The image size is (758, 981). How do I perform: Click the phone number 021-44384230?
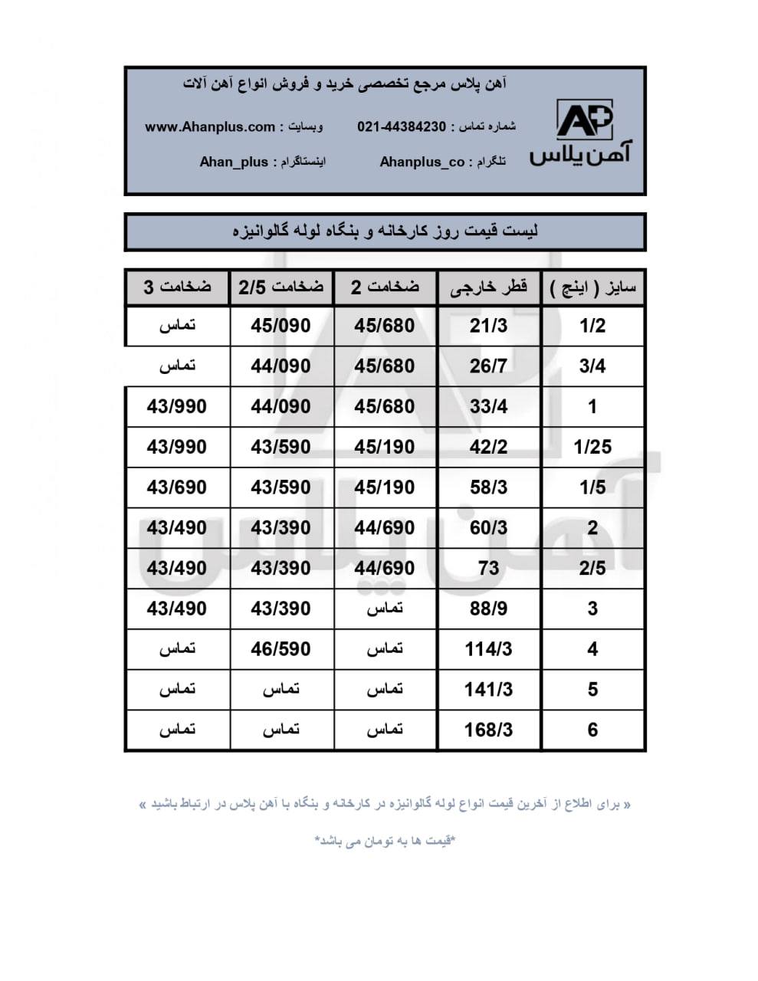point(401,126)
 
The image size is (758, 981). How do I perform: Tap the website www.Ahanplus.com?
point(210,126)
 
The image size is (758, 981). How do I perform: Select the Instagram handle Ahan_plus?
point(234,162)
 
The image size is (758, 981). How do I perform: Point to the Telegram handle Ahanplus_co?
point(422,162)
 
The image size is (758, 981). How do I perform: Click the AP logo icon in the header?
point(584,120)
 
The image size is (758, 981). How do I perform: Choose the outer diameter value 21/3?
point(488,326)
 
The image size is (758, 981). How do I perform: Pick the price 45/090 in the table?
point(281,326)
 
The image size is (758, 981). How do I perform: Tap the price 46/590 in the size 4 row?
point(281,649)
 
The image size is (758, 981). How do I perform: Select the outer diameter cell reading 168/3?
point(488,730)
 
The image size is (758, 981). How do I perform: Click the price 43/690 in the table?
point(176,487)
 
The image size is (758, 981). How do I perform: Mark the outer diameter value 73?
point(488,568)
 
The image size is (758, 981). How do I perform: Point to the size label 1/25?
point(592,447)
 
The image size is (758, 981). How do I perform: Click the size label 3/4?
point(592,366)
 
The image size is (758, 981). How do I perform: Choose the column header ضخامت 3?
point(177,287)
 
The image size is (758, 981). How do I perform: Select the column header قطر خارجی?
point(488,287)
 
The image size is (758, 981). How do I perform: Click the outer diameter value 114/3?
point(488,649)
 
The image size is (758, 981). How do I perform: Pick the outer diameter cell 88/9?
point(488,609)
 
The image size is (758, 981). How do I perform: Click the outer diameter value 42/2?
point(488,447)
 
